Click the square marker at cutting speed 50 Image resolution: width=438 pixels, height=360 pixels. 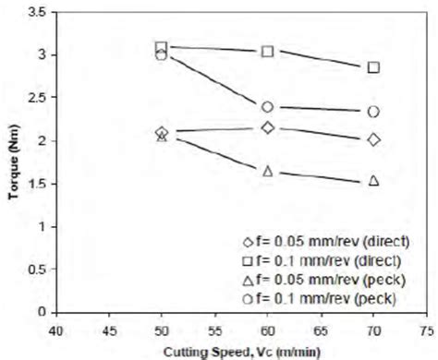162,47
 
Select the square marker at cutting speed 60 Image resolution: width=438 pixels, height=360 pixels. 268,51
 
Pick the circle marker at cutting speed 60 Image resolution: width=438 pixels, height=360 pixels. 268,107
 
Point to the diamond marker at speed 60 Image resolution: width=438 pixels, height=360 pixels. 268,127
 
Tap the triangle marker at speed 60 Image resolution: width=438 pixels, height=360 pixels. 268,171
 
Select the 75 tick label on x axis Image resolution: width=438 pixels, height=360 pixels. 426,330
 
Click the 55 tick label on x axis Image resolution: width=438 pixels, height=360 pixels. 214,330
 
